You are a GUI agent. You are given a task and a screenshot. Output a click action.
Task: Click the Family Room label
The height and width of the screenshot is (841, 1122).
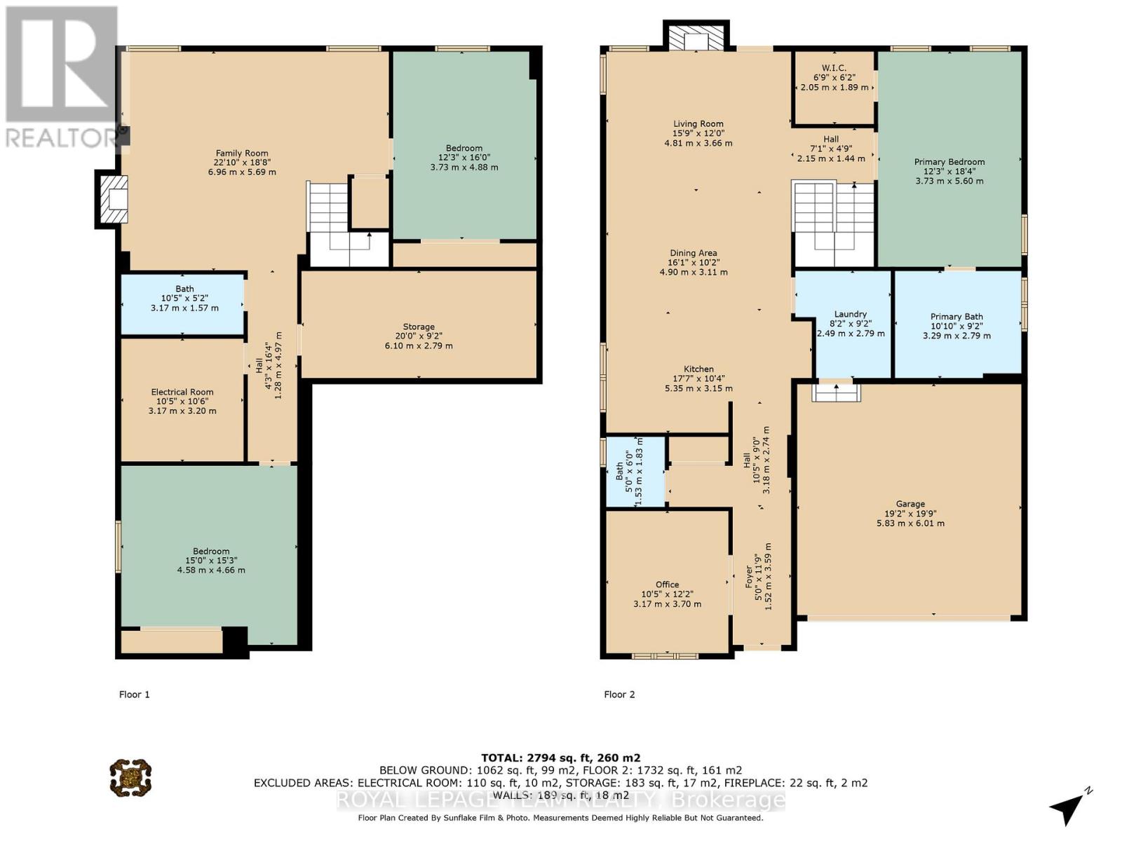(x=242, y=153)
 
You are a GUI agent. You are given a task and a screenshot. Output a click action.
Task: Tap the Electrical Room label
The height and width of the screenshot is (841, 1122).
(x=182, y=392)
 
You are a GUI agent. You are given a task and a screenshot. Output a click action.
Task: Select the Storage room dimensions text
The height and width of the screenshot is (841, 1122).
(x=419, y=341)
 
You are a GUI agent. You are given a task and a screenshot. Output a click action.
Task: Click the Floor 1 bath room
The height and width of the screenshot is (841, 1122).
(x=184, y=303)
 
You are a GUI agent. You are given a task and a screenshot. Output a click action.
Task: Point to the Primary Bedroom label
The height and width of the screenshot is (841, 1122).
(x=949, y=162)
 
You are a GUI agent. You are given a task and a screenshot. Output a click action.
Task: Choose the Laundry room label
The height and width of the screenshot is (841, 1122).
(x=851, y=314)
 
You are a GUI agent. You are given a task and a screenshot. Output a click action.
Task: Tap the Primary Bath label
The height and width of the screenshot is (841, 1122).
(x=957, y=317)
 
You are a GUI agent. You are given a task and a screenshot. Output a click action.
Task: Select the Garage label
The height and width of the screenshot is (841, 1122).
(x=910, y=504)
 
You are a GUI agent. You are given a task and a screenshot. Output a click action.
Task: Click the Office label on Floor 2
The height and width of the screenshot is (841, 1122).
(x=667, y=584)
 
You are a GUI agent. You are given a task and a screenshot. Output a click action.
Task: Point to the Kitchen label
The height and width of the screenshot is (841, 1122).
(x=698, y=369)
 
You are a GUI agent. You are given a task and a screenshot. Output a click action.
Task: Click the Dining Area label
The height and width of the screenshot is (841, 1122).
(x=693, y=254)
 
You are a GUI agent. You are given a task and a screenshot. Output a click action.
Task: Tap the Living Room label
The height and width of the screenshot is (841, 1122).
(x=698, y=124)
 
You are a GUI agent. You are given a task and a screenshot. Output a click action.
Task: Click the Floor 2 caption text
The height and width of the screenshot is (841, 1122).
(x=619, y=695)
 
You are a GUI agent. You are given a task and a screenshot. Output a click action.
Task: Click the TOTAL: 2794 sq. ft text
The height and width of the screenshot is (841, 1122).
(x=560, y=758)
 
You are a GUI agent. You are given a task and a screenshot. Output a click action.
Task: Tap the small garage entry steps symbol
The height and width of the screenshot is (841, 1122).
(x=836, y=392)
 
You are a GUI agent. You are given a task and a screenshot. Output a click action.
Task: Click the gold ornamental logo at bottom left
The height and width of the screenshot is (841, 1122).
(x=130, y=777)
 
